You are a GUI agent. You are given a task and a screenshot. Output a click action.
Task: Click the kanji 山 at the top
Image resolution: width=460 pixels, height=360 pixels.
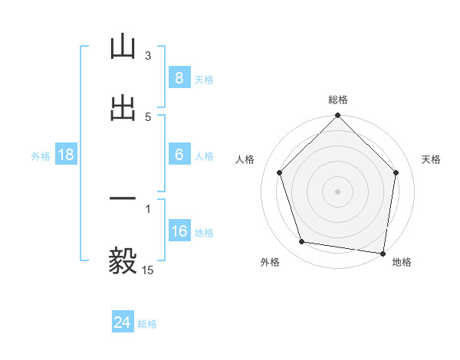[x=123, y=47]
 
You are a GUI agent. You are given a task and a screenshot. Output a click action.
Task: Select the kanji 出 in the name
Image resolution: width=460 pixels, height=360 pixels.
[x=123, y=108]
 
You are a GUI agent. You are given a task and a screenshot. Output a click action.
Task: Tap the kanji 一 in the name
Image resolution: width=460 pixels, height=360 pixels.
[x=123, y=198]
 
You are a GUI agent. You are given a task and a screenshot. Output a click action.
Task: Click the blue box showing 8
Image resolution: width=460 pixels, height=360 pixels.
[x=179, y=78]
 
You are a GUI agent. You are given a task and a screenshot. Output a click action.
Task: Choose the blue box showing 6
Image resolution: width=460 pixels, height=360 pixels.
[x=179, y=155]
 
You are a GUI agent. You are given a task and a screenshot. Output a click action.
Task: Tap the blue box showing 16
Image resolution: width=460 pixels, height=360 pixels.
[x=179, y=231]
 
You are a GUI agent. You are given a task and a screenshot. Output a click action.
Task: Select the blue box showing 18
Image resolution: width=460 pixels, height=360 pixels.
[x=66, y=155]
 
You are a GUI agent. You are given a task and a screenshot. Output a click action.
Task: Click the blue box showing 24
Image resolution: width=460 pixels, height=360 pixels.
[x=122, y=323]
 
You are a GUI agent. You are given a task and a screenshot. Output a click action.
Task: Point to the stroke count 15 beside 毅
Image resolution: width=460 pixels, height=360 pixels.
[x=149, y=270]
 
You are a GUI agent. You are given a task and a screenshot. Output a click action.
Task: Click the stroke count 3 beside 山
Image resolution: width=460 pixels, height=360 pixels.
[x=148, y=56]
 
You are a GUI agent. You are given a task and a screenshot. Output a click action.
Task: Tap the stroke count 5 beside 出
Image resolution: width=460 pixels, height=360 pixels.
[x=148, y=117]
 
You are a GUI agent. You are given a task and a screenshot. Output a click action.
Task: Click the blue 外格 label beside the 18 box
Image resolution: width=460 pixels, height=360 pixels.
[x=41, y=155]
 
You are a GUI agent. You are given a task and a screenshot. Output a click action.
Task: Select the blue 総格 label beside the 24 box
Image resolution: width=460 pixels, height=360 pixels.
[x=147, y=324]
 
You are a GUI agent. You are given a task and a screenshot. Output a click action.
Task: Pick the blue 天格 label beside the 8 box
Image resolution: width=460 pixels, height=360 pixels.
[x=204, y=79]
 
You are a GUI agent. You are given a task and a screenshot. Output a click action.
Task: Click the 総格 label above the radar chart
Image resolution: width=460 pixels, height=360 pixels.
[x=338, y=100]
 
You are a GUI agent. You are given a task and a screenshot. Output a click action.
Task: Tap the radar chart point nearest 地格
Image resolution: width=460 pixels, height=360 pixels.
[x=383, y=252]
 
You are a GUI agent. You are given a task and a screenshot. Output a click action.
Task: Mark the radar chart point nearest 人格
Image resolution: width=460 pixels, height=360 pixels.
[x=279, y=172]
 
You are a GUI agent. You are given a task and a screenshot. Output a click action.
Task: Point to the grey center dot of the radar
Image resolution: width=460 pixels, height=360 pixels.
[x=338, y=191]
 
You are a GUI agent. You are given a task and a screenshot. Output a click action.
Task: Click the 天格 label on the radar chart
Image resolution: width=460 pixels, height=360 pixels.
[x=431, y=159]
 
